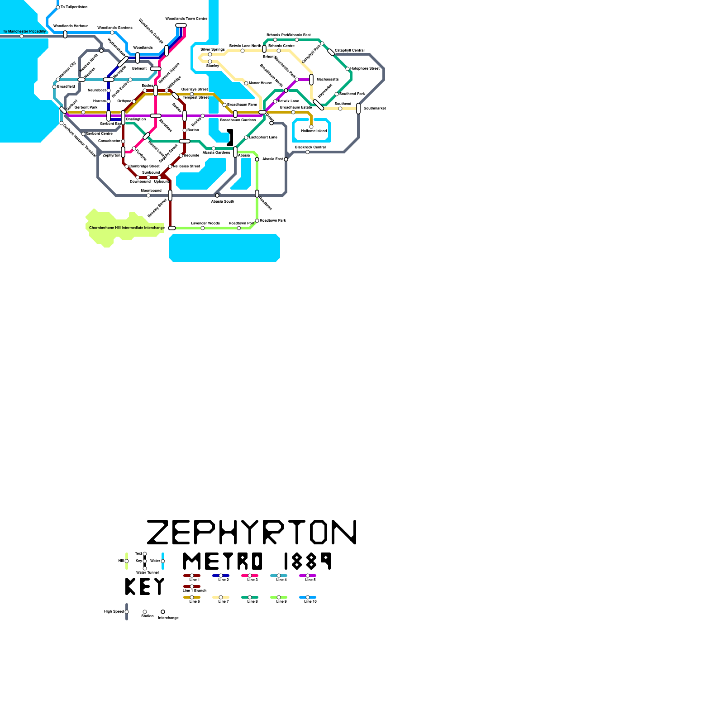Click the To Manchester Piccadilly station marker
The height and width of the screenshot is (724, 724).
[22, 36]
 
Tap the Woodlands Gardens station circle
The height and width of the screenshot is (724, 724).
[112, 33]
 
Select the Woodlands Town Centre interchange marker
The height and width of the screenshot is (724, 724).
[181, 25]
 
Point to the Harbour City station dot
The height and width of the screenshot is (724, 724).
[58, 80]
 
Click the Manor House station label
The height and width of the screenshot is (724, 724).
[260, 83]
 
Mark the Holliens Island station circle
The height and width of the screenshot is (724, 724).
[311, 127]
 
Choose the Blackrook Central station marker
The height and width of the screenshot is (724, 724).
[308, 152]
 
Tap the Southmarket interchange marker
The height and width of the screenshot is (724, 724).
[358, 109]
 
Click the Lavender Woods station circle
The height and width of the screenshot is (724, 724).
[203, 228]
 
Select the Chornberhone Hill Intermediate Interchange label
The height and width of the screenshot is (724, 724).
[127, 228]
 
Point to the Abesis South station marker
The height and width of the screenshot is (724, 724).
[217, 195]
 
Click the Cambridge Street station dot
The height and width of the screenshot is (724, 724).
[127, 167]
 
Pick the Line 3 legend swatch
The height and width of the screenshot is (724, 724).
[250, 576]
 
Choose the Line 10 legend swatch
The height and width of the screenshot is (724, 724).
[308, 597]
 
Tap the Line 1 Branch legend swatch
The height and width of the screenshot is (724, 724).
[192, 586]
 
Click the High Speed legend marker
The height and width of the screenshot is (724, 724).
[127, 612]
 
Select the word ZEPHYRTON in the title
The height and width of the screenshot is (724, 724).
[252, 532]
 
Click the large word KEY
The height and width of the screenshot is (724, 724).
[145, 586]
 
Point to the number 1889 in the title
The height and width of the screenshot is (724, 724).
[308, 561]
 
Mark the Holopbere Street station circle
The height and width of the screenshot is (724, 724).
[348, 69]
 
